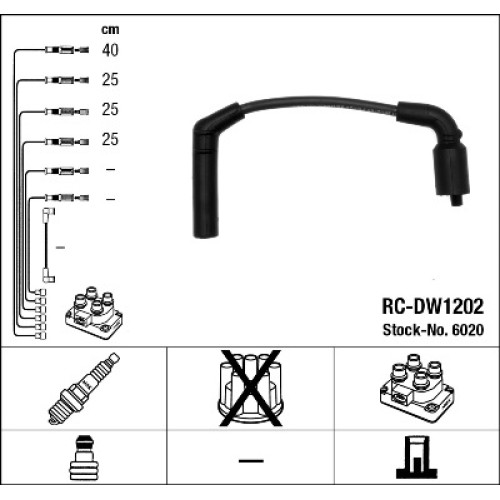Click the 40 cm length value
[110, 50]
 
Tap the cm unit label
[110, 30]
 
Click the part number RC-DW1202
[433, 306]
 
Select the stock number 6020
[467, 330]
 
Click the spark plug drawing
[84, 388]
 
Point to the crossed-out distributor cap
[250, 388]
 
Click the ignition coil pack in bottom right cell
[417, 388]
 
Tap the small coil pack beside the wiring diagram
[94, 312]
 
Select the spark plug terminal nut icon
[84, 458]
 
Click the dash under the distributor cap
[251, 461]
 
